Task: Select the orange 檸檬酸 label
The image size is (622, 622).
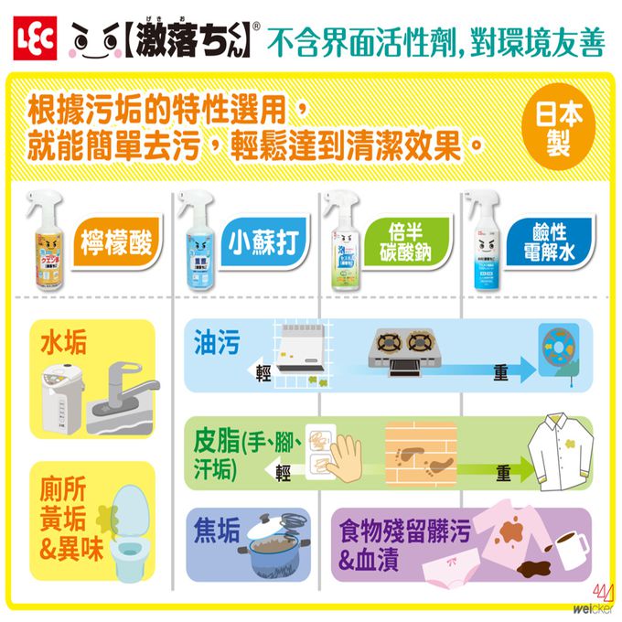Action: (x=116, y=244)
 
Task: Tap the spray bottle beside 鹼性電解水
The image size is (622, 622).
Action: (x=483, y=242)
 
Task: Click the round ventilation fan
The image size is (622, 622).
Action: (x=560, y=350)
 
